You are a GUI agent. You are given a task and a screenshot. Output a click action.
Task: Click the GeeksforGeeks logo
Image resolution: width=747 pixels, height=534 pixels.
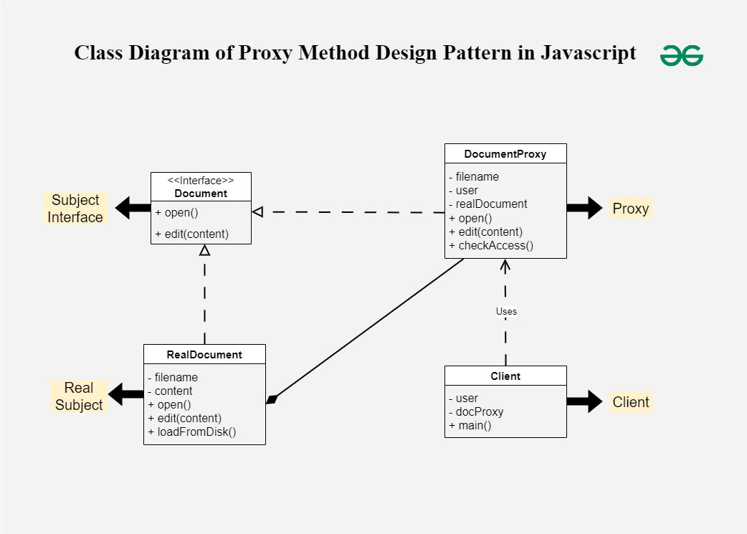click(x=681, y=55)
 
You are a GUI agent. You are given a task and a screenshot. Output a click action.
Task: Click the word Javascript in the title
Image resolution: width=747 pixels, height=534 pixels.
click(x=588, y=53)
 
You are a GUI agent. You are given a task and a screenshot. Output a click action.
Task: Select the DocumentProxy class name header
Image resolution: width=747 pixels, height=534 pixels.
click(x=505, y=154)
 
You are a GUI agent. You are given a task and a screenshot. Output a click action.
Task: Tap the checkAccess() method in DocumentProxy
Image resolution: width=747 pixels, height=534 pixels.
click(x=491, y=246)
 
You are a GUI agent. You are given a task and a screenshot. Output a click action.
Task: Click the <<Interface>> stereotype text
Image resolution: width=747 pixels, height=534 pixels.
click(x=201, y=181)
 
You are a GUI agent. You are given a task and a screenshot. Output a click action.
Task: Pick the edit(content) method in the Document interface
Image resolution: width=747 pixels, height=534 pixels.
click(x=192, y=234)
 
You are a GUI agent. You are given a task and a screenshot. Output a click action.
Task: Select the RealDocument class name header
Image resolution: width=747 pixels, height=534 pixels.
click(x=204, y=355)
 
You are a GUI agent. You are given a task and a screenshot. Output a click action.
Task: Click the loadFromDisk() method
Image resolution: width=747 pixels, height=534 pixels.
click(x=192, y=432)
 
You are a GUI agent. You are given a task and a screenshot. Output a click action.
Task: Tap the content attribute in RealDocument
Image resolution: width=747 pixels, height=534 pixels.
click(x=173, y=391)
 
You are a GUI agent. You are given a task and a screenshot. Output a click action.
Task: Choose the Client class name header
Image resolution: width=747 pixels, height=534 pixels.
click(x=505, y=376)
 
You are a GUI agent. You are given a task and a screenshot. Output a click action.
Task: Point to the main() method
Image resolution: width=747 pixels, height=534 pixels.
click(x=470, y=426)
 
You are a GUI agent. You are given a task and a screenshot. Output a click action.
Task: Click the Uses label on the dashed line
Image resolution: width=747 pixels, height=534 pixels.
click(x=506, y=312)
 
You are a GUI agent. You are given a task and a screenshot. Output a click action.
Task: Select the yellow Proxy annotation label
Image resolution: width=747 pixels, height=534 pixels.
click(x=631, y=209)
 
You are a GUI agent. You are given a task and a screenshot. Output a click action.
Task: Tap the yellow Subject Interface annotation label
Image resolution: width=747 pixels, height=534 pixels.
click(x=75, y=209)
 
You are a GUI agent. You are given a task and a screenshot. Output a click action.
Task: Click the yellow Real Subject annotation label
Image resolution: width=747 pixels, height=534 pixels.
click(x=79, y=396)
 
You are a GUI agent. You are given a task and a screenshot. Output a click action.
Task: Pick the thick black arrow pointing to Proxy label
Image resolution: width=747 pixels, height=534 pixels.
click(x=585, y=208)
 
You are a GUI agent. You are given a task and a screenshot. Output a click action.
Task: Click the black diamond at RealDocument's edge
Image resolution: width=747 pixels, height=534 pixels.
click(x=271, y=399)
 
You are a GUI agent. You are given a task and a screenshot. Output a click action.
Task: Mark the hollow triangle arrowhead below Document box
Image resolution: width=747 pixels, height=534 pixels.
click(x=204, y=250)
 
